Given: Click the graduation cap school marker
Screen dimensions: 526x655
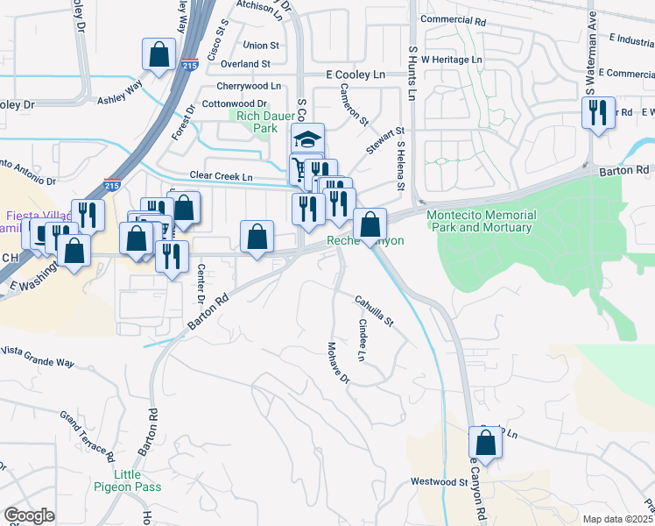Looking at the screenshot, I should pyautogui.click(x=308, y=139).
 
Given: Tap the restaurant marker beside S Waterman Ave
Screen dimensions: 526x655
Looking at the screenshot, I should pyautogui.click(x=598, y=113).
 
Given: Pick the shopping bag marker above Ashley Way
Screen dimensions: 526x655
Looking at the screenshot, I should pyautogui.click(x=159, y=54).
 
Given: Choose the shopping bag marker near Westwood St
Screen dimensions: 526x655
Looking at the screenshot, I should pyautogui.click(x=486, y=443).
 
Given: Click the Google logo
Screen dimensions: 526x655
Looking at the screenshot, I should pyautogui.click(x=29, y=515).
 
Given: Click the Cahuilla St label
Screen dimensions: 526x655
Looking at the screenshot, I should pyautogui.click(x=375, y=311).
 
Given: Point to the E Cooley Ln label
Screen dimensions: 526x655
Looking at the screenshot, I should pyautogui.click(x=356, y=75).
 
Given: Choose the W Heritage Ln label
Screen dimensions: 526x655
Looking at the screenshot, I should pyautogui.click(x=452, y=59).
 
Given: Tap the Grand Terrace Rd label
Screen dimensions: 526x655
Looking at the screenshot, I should pyautogui.click(x=88, y=436).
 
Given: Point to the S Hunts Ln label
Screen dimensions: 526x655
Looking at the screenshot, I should pyautogui.click(x=412, y=62).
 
